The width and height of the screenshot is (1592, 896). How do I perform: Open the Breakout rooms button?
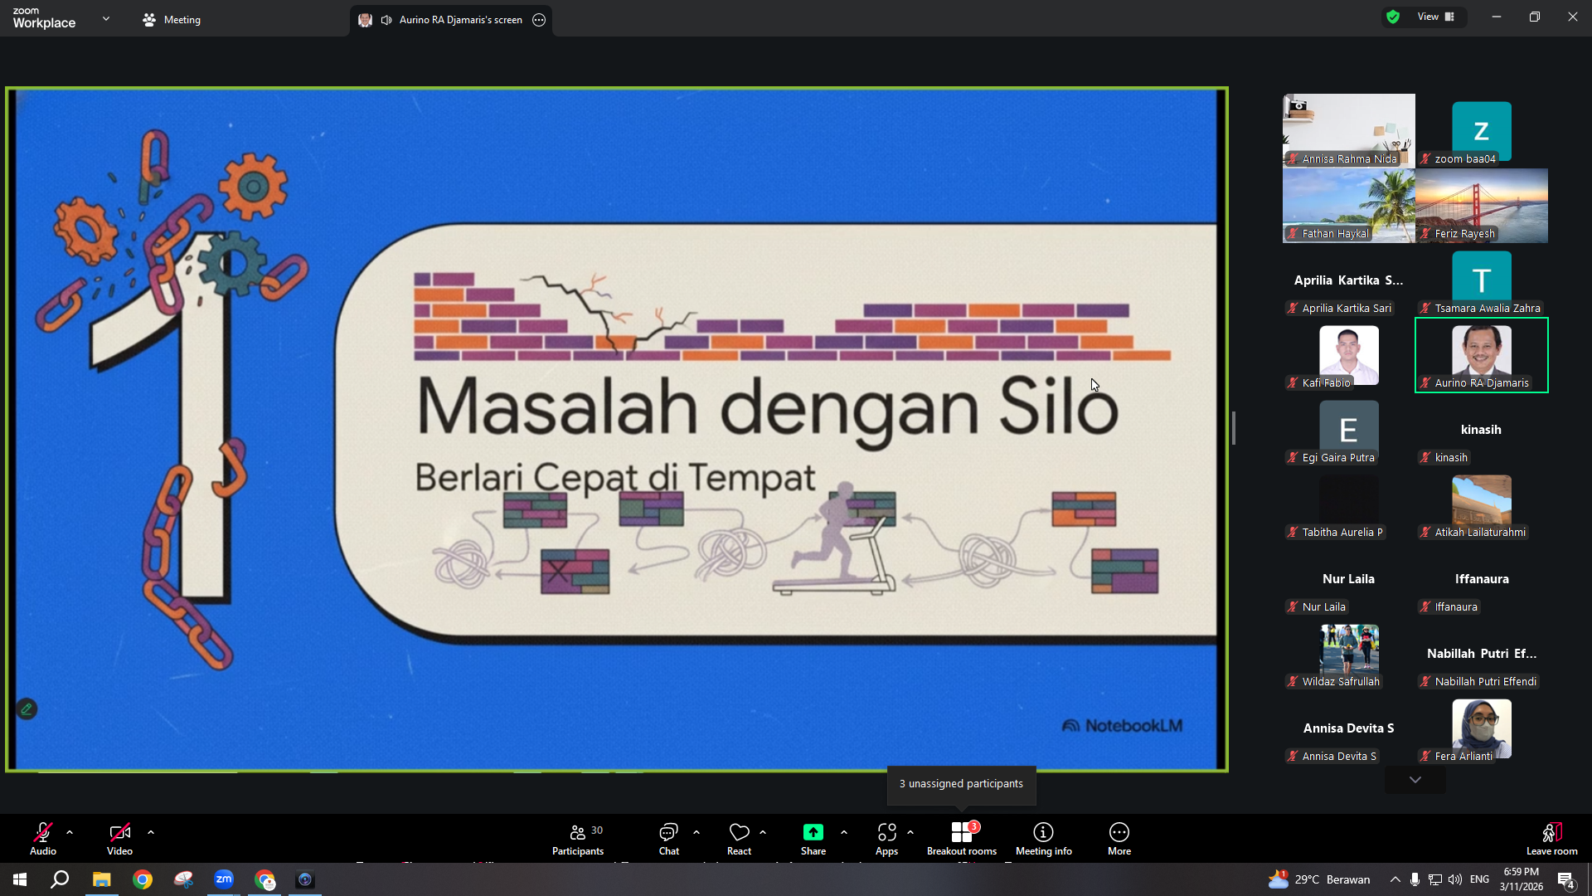click(962, 838)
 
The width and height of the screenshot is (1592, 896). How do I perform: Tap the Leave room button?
click(1551, 838)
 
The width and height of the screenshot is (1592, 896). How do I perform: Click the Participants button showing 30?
click(578, 838)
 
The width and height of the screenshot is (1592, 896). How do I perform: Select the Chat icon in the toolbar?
click(668, 832)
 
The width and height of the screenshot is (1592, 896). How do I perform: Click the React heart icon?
click(739, 832)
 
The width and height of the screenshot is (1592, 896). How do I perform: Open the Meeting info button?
click(1043, 838)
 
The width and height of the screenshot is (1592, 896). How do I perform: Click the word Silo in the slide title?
click(1058, 407)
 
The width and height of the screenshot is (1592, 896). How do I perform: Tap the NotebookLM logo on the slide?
click(1122, 726)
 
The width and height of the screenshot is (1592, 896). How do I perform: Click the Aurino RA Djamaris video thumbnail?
click(1481, 355)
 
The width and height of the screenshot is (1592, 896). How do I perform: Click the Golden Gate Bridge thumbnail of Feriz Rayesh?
click(1481, 206)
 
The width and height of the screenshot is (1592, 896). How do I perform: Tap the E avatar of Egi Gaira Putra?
click(1348, 430)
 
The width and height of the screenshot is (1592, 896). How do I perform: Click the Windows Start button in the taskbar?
click(20, 879)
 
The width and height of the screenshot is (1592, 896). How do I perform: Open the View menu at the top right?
click(1435, 17)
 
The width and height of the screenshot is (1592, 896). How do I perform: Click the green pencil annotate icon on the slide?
click(27, 709)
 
